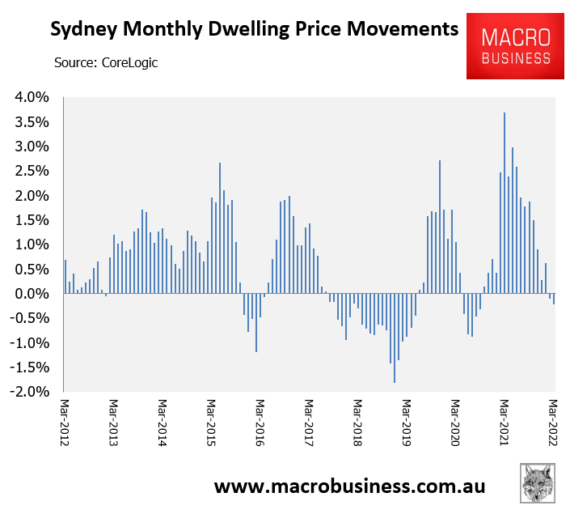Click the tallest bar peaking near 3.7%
tap(505, 202)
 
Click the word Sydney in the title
tap(84, 31)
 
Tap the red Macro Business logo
tap(515, 47)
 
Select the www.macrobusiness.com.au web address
tap(349, 486)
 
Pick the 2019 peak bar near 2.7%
tap(440, 227)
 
